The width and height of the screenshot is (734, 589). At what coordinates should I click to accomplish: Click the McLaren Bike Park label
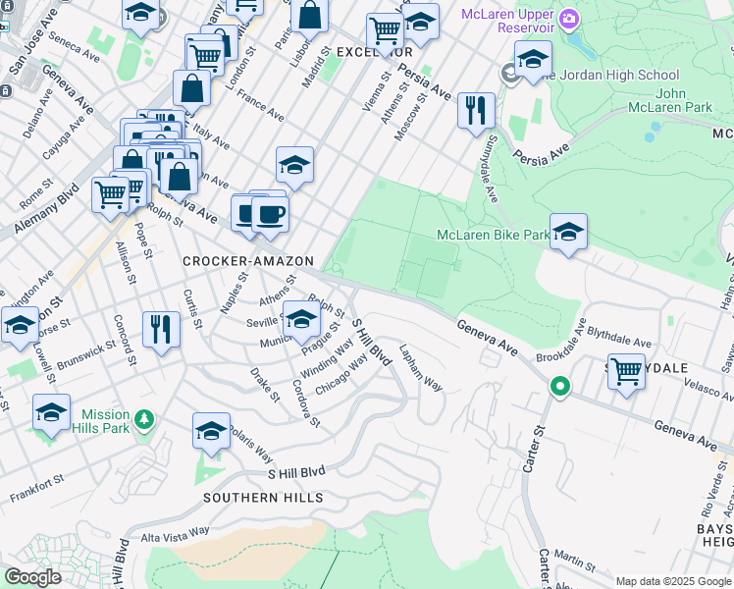[493, 236]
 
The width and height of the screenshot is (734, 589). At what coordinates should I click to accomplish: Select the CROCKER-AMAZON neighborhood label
[248, 261]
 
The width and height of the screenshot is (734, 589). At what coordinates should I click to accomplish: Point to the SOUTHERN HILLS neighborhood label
[263, 498]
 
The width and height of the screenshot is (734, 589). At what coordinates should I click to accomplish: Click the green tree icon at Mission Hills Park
[144, 421]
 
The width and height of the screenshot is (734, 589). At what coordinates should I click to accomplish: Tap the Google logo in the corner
[33, 577]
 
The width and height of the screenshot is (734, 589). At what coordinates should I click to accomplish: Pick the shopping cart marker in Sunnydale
[626, 373]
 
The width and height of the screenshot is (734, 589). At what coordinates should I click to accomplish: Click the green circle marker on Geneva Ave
[559, 387]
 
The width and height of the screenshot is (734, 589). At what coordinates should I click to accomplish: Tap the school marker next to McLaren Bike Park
[568, 232]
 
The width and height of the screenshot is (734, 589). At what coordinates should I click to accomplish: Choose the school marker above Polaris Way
[211, 431]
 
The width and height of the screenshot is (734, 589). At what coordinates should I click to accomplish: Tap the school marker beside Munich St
[301, 319]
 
